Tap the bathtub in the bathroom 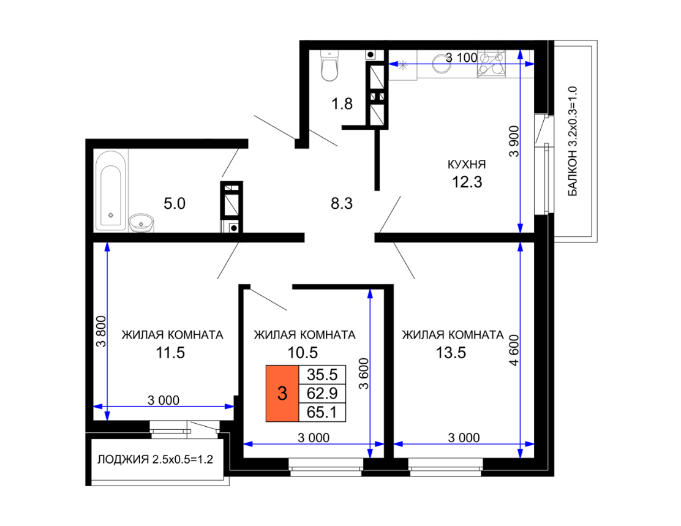[x=111, y=190]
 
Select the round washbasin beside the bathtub [x=141, y=223]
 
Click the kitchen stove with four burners [x=492, y=64]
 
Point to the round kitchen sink [x=442, y=64]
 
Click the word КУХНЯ [x=467, y=165]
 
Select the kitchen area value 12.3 [x=467, y=182]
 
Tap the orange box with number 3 [x=282, y=394]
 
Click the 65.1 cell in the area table [x=322, y=412]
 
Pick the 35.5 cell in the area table [x=322, y=374]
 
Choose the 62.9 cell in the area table [x=322, y=393]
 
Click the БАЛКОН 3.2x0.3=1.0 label [x=573, y=141]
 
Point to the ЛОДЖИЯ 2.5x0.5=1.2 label [x=155, y=459]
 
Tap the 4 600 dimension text [x=514, y=350]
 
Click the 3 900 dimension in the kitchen [x=514, y=141]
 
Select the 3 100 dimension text [x=461, y=58]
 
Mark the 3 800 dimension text [x=100, y=331]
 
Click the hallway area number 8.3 [x=342, y=203]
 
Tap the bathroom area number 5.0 [x=175, y=203]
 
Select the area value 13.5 [x=451, y=353]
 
